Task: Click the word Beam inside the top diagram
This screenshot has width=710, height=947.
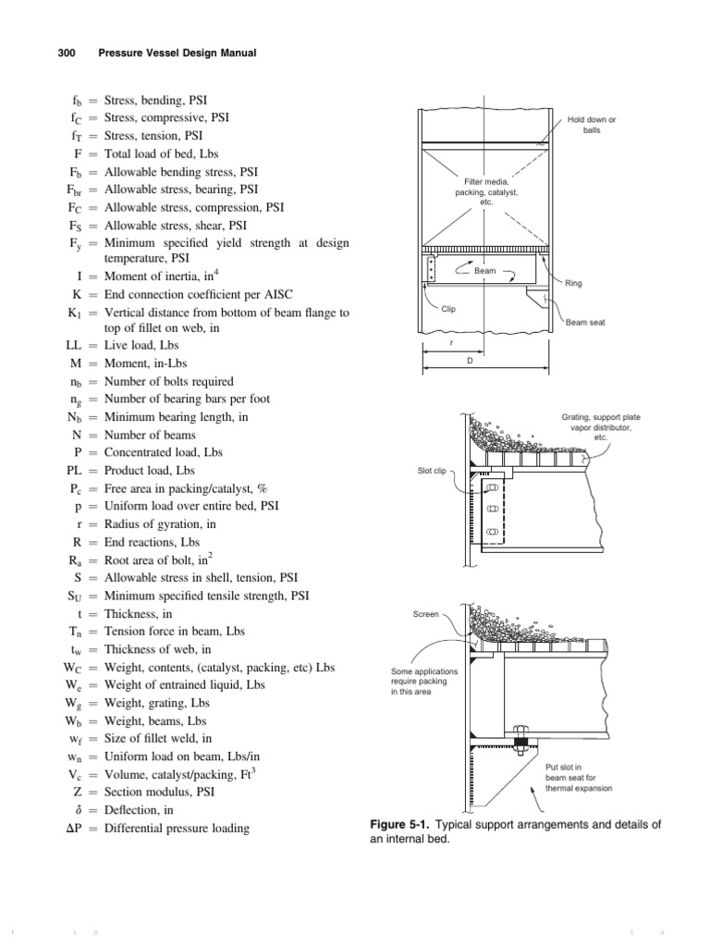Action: (x=485, y=272)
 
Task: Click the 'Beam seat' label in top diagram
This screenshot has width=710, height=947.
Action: (x=584, y=323)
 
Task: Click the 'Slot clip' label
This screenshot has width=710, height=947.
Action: (x=432, y=471)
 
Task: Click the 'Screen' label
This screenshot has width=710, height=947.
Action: (x=425, y=613)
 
